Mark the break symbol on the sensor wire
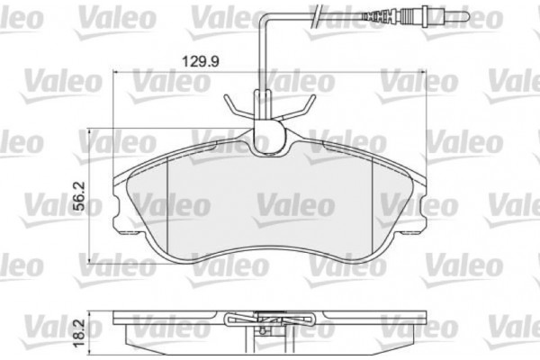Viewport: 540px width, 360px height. (x=315, y=15)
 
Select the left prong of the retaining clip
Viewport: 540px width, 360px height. (x=232, y=105)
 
